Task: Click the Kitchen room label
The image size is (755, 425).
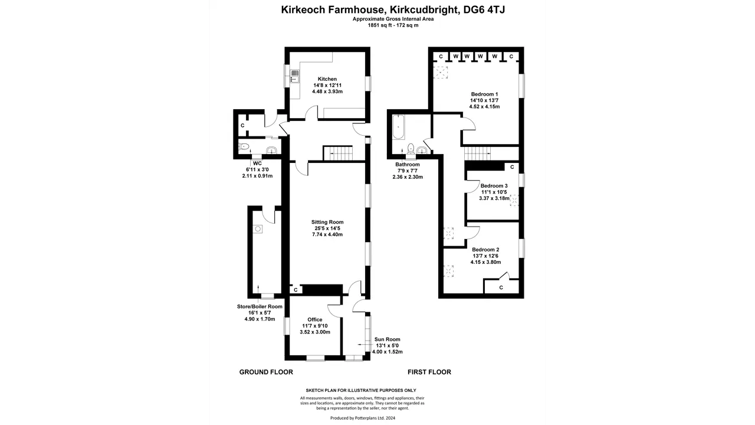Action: click(327, 79)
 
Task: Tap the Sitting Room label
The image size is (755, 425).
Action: click(327, 223)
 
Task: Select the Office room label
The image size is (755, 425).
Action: click(315, 319)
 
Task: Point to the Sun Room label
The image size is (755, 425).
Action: click(387, 339)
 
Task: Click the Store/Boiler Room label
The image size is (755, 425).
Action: click(260, 307)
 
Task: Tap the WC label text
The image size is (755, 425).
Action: click(257, 164)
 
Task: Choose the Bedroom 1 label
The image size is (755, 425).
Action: click(484, 94)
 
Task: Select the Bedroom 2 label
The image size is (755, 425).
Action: click(485, 250)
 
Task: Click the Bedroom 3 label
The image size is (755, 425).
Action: click(494, 186)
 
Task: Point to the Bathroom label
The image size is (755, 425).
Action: click(408, 165)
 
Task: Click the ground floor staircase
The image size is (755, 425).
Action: click(337, 153)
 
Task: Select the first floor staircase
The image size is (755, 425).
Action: click(478, 153)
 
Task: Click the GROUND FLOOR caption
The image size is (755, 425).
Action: click(266, 372)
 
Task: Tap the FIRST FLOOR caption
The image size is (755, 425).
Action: click(429, 372)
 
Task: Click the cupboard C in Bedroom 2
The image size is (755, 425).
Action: click(501, 287)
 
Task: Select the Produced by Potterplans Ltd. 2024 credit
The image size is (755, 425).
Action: click(362, 417)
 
